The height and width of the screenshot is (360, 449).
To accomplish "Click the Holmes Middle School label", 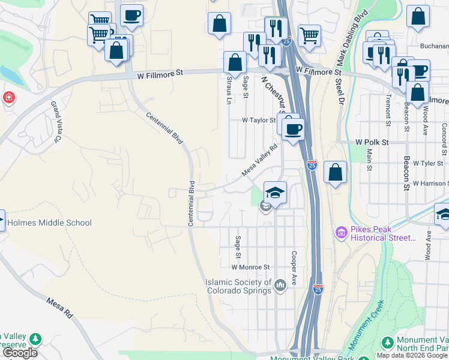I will coord(49,223).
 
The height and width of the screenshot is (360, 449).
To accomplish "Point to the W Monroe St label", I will coord(251,266).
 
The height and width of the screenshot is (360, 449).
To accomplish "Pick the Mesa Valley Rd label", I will coord(260,160).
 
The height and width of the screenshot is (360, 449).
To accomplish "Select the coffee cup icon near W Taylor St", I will coord(293,129).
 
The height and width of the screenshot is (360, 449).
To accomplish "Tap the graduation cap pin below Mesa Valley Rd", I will coord(275,193).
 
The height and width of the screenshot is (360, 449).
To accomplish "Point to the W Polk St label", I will coord(372,143).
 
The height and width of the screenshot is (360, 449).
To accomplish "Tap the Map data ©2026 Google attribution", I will coord(412,355).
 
